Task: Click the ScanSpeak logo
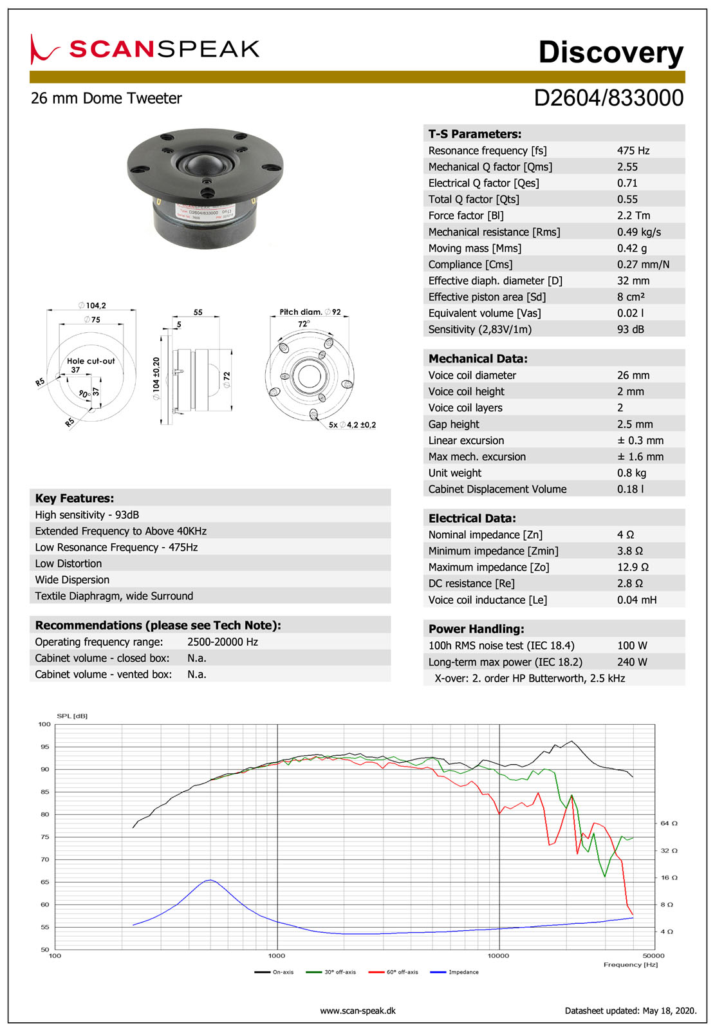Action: point(145,49)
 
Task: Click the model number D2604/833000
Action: point(608,98)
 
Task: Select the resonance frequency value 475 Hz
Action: point(633,151)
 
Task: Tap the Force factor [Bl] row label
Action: point(466,216)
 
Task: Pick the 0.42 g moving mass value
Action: point(632,248)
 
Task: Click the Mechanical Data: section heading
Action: point(478,359)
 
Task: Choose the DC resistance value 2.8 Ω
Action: point(629,584)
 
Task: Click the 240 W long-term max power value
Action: point(632,662)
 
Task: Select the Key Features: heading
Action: point(75,498)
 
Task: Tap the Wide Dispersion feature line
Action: point(72,580)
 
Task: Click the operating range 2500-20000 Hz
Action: point(223,642)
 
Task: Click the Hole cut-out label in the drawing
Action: point(91,361)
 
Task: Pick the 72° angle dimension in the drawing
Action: point(304,324)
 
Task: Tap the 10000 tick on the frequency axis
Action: point(499,956)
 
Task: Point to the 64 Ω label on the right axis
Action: point(669,823)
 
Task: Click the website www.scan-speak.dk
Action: point(358,1011)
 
